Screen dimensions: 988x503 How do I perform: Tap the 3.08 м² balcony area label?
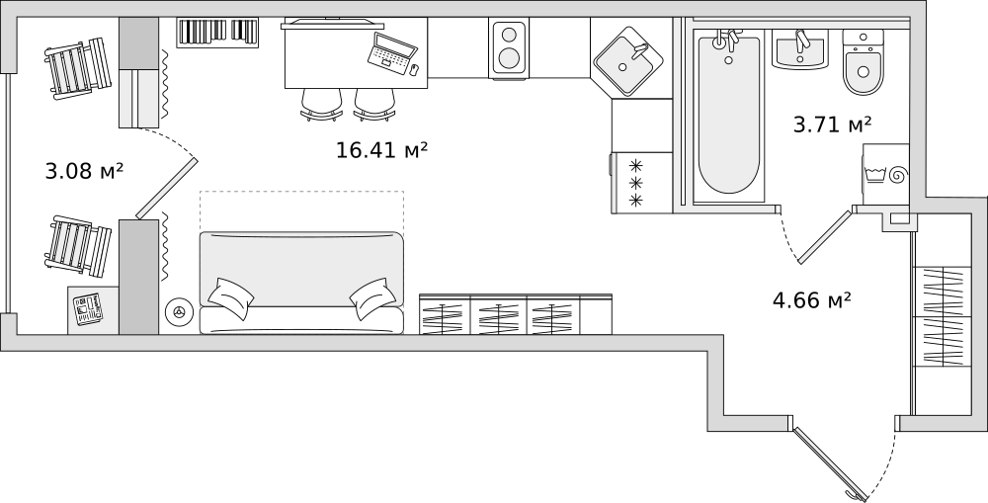click(x=84, y=170)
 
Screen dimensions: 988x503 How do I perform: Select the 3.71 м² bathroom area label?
click(x=832, y=125)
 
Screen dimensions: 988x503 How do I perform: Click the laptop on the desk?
click(x=392, y=52)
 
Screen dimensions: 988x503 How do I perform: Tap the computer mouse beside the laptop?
click(x=414, y=69)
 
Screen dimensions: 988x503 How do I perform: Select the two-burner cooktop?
click(x=509, y=47)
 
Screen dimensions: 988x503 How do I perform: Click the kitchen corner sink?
click(x=627, y=60)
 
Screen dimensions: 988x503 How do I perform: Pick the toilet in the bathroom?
click(x=863, y=62)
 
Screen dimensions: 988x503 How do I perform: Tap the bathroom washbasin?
click(x=800, y=50)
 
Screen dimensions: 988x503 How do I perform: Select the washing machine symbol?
click(x=886, y=174)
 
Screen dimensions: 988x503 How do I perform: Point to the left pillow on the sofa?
click(x=230, y=295)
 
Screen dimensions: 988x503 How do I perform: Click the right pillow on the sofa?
click(x=372, y=298)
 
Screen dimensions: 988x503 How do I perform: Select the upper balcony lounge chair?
click(x=77, y=68)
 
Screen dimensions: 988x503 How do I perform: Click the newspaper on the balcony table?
click(x=88, y=309)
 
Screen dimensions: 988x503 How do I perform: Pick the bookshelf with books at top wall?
click(x=217, y=32)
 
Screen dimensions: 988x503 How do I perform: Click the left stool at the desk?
click(x=321, y=104)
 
